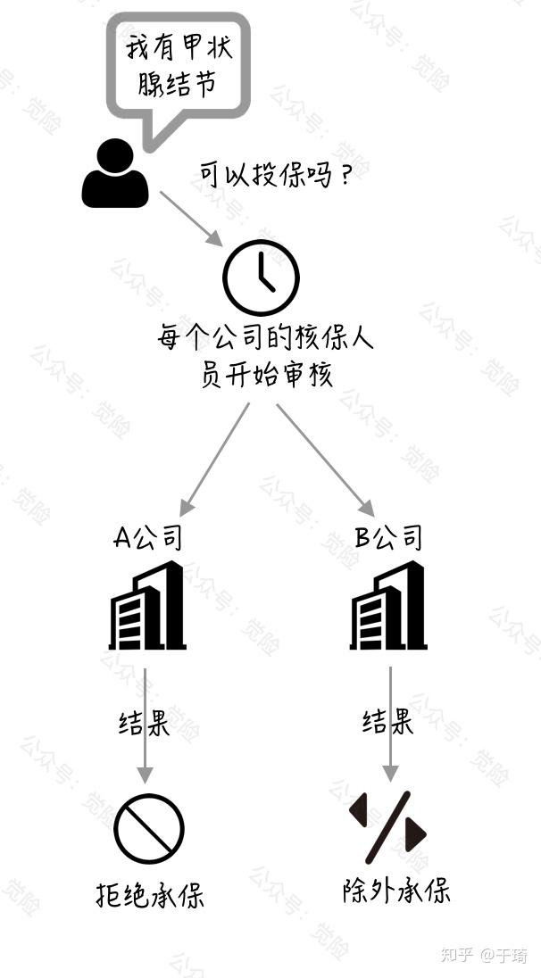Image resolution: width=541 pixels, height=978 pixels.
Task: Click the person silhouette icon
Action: pyautogui.click(x=114, y=175)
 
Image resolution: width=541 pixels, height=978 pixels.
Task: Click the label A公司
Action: pyautogui.click(x=148, y=537)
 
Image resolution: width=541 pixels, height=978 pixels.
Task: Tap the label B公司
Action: pyautogui.click(x=388, y=537)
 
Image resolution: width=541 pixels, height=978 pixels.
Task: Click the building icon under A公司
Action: pyautogui.click(x=147, y=606)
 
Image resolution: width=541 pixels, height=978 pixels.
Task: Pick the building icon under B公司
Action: pyautogui.click(x=388, y=606)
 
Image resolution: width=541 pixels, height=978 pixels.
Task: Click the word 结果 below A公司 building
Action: pyautogui.click(x=145, y=722)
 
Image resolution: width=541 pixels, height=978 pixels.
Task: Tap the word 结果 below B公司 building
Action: pyautogui.click(x=387, y=721)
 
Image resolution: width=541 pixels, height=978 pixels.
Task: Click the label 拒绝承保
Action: pyautogui.click(x=150, y=894)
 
